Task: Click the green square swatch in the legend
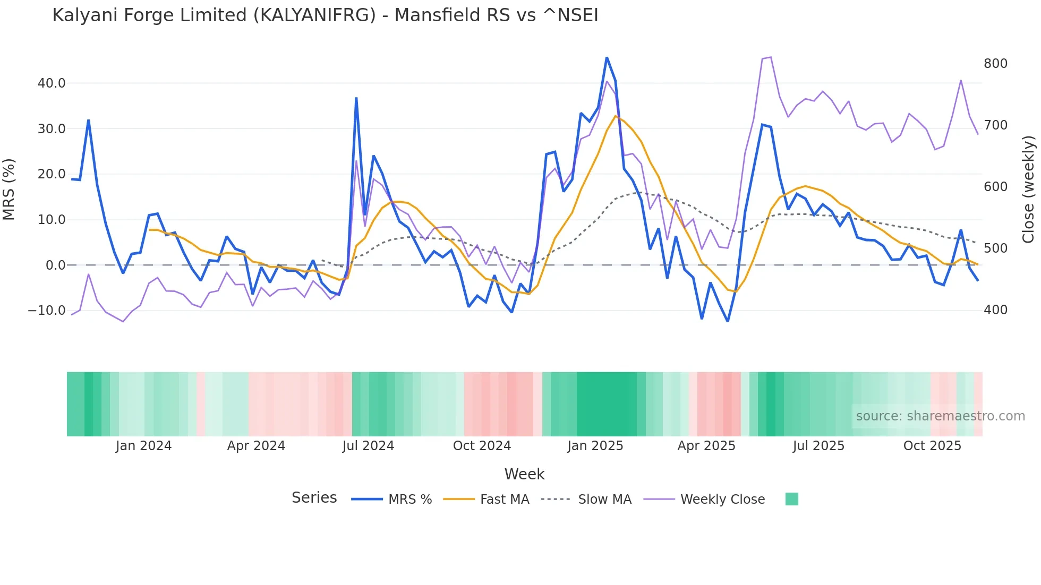(x=791, y=499)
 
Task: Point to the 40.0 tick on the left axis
(x=52, y=83)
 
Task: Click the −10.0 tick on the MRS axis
(x=47, y=311)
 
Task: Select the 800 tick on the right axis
(x=995, y=64)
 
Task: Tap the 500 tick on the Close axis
(x=995, y=248)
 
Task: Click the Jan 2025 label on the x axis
(x=595, y=446)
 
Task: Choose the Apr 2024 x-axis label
(x=256, y=446)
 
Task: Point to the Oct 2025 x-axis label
(x=932, y=446)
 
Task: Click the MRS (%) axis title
(x=9, y=189)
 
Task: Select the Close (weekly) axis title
(x=1028, y=189)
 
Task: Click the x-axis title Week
(x=524, y=474)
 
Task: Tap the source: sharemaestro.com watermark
(x=940, y=416)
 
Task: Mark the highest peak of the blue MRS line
(x=607, y=58)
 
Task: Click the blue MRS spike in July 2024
(x=356, y=98)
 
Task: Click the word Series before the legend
(x=314, y=498)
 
